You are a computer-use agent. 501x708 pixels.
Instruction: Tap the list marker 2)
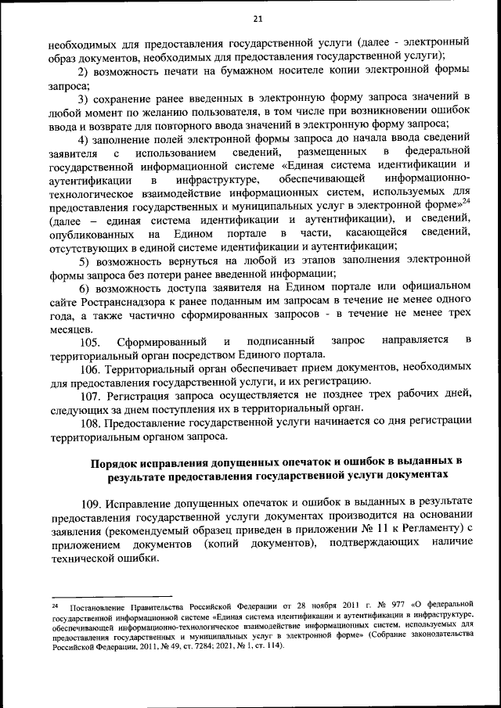click(x=83, y=71)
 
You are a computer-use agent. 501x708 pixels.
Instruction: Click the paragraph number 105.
click(x=90, y=342)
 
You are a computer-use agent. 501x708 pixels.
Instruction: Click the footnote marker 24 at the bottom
click(x=55, y=606)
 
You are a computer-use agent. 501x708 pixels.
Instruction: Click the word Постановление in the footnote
click(x=99, y=608)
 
